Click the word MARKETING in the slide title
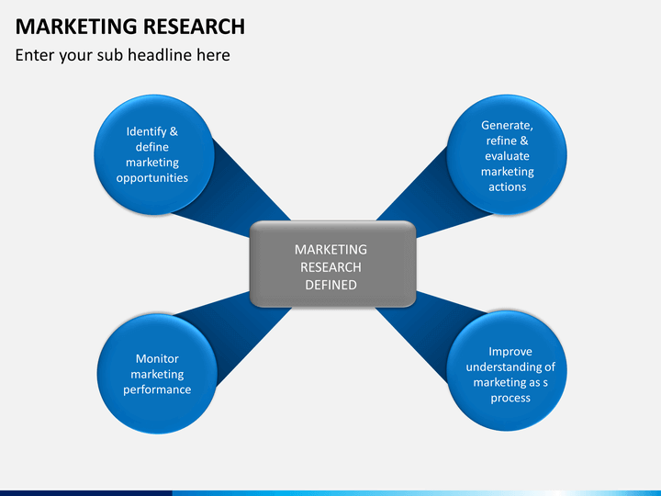tap(76, 27)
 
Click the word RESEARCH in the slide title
tap(194, 27)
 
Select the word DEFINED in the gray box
tap(330, 285)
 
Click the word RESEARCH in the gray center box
tap(330, 267)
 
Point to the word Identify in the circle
tap(146, 132)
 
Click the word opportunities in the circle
tap(152, 178)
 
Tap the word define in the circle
tap(152, 147)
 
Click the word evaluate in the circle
tap(507, 156)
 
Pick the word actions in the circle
tap(507, 186)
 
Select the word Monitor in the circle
tap(157, 359)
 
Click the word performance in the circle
tap(157, 390)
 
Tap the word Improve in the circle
tap(510, 352)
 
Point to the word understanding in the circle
tap(506, 367)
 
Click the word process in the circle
tap(510, 399)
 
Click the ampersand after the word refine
tap(524, 141)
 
